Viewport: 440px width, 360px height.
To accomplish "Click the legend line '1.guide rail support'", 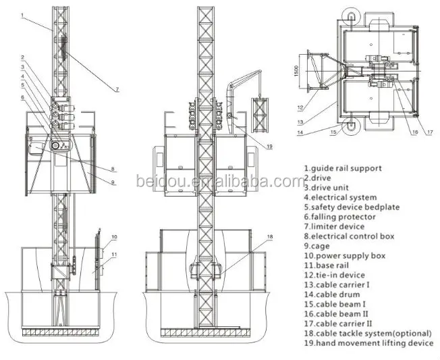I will (343, 168).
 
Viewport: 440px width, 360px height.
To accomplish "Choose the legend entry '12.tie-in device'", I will (334, 275).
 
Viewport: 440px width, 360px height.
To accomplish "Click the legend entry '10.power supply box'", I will (343, 256).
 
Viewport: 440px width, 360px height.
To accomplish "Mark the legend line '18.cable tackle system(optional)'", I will (368, 334).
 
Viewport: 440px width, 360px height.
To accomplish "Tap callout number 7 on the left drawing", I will (117, 89).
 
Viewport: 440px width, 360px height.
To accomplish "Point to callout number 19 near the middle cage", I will (269, 146).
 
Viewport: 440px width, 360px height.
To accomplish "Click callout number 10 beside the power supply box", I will (114, 237).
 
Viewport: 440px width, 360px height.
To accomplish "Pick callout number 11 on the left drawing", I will (114, 255).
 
